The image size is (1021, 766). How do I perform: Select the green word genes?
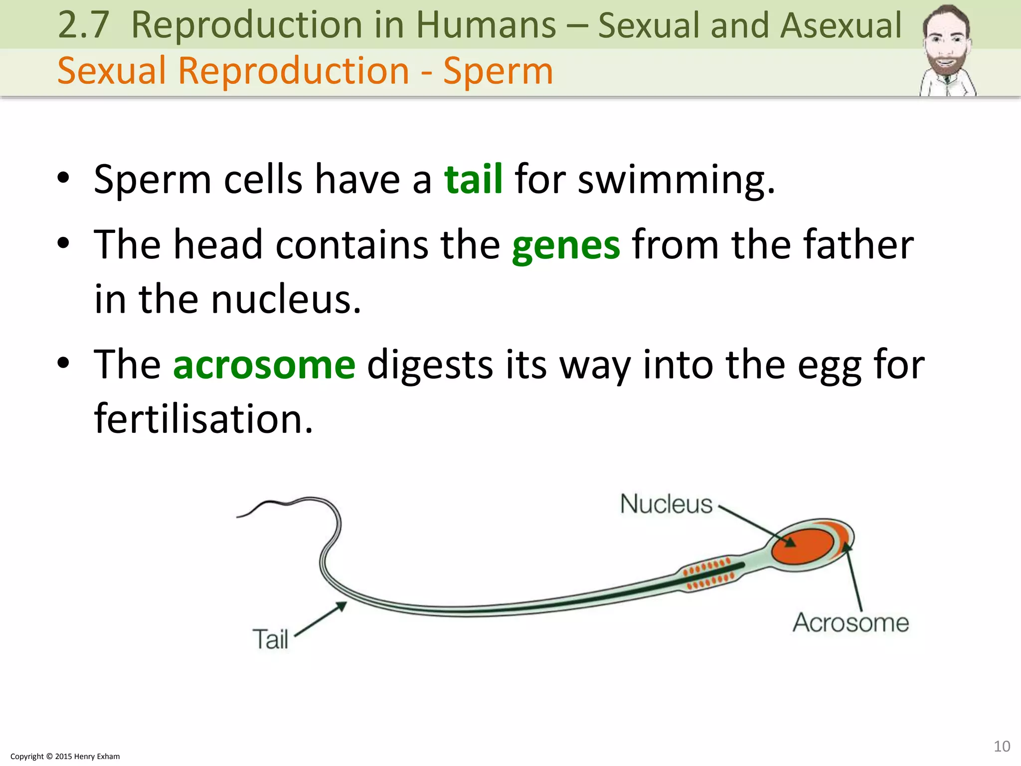pyautogui.click(x=566, y=245)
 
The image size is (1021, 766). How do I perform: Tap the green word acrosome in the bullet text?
pyautogui.click(x=264, y=365)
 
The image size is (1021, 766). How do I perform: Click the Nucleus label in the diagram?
pyautogui.click(x=666, y=504)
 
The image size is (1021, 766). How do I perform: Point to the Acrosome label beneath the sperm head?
pyautogui.click(x=851, y=622)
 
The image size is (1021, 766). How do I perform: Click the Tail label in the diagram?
pyautogui.click(x=270, y=639)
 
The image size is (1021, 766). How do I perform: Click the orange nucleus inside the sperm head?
pyautogui.click(x=802, y=546)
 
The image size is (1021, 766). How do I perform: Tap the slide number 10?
pyautogui.click(x=1002, y=746)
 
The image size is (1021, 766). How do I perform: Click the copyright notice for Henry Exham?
pyautogui.click(x=65, y=756)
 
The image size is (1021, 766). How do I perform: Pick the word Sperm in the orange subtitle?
pyautogui.click(x=498, y=71)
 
